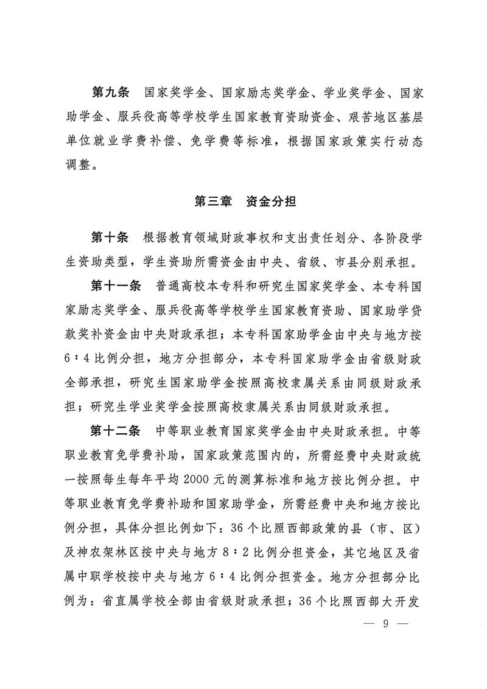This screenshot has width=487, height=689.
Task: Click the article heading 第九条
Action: (x=110, y=94)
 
